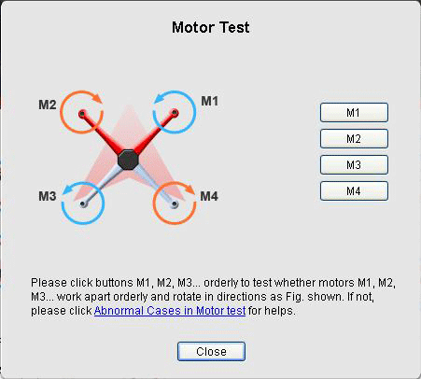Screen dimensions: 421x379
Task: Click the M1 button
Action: [354, 112]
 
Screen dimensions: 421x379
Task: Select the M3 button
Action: [354, 164]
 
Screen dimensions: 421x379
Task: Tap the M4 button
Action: [354, 190]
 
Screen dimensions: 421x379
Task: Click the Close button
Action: [211, 352]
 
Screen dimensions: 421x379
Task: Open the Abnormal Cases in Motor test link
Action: [170, 311]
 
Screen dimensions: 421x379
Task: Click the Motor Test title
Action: [211, 27]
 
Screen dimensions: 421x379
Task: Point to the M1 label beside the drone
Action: [210, 101]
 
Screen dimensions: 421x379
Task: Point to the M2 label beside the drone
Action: [48, 105]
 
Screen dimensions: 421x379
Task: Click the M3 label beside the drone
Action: [48, 196]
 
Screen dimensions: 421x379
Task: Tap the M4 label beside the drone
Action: [209, 196]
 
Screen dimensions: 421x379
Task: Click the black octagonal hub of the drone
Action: [128, 160]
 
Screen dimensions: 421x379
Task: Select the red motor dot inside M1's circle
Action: [175, 113]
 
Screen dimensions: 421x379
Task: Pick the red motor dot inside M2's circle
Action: [82, 114]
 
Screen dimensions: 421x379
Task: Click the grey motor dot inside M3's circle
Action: [82, 204]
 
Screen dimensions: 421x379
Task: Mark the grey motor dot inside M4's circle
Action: [175, 204]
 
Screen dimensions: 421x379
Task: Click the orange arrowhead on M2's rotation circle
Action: [97, 98]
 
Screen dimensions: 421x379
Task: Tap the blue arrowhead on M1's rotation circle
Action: [160, 98]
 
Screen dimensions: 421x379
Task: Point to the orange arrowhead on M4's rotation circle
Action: [189, 189]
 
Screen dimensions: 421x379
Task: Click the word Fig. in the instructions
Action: [294, 297]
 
